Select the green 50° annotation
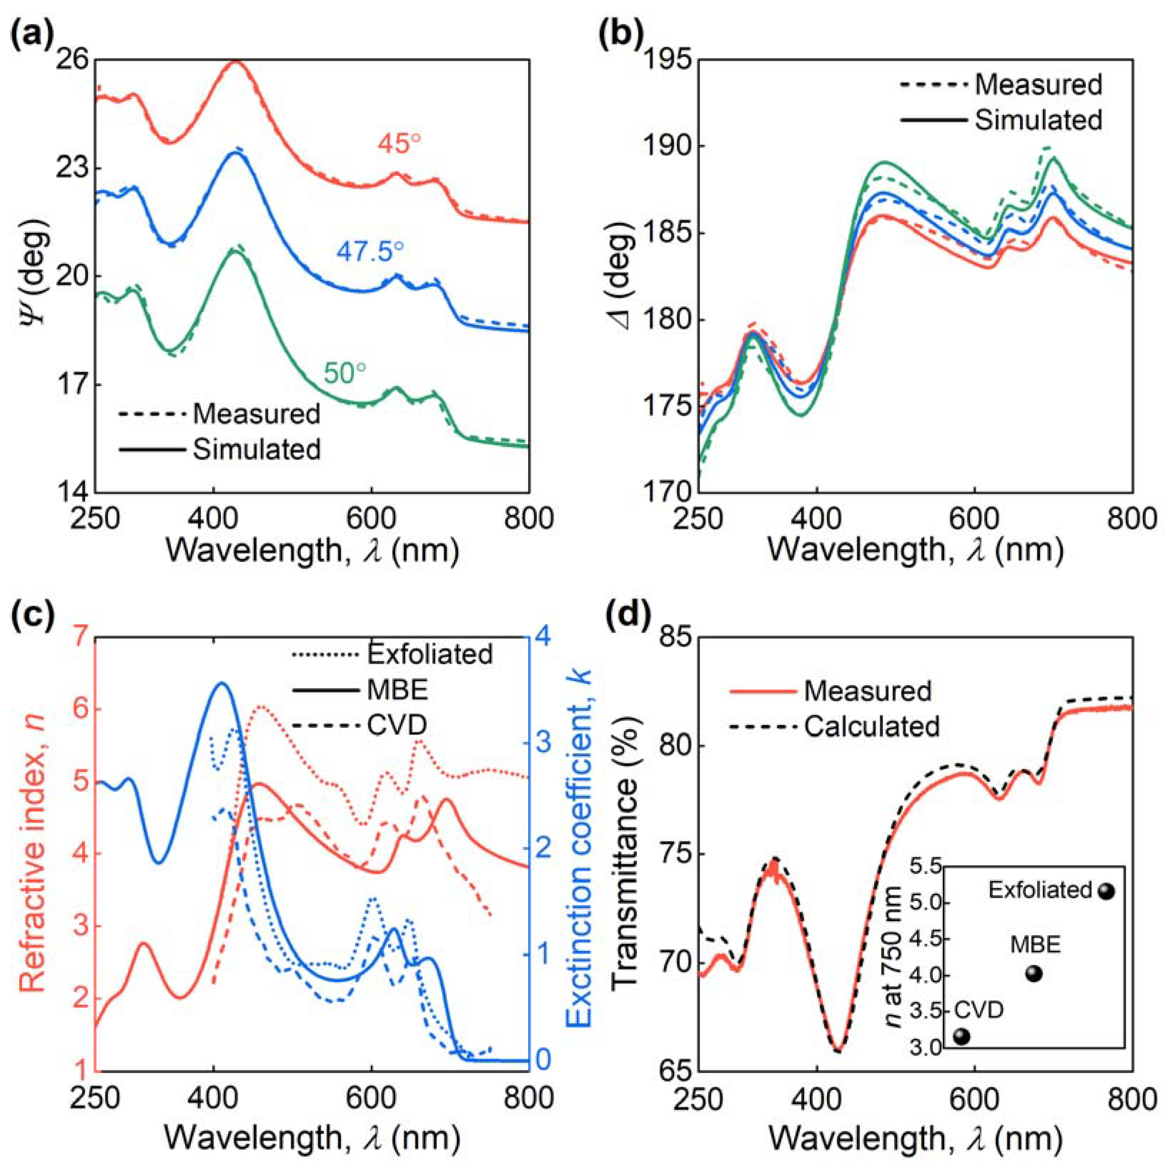[345, 373]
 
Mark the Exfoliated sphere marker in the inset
[1105, 891]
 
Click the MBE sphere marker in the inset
[1034, 974]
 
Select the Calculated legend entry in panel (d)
[872, 726]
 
